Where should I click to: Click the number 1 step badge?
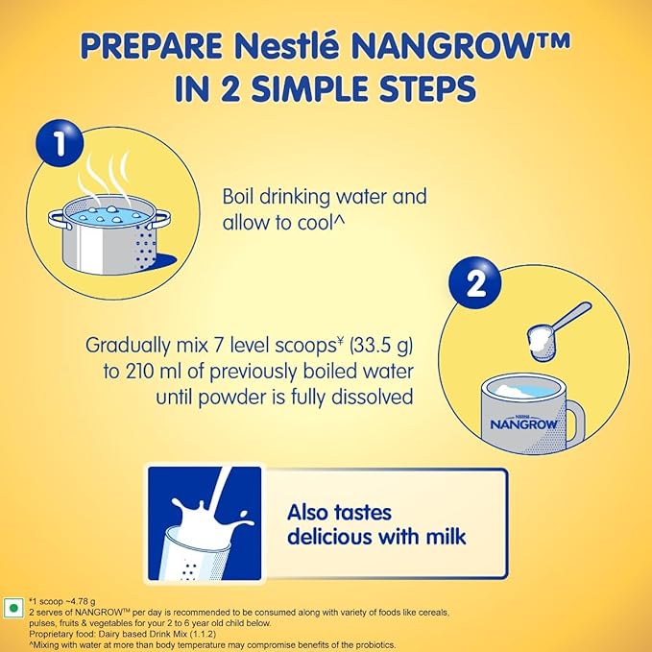[60, 143]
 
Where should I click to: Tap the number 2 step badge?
[474, 283]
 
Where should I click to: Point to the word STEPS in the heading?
[427, 88]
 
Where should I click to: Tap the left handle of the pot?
[57, 220]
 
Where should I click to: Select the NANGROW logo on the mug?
[524, 423]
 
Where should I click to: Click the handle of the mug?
[576, 423]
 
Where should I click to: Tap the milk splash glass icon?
[205, 523]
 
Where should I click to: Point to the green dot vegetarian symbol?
[13, 609]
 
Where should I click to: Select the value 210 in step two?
[137, 371]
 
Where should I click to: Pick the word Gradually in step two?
[129, 346]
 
